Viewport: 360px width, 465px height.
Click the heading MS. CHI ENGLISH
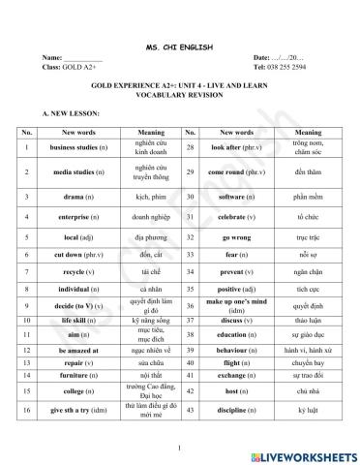click(x=179, y=46)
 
